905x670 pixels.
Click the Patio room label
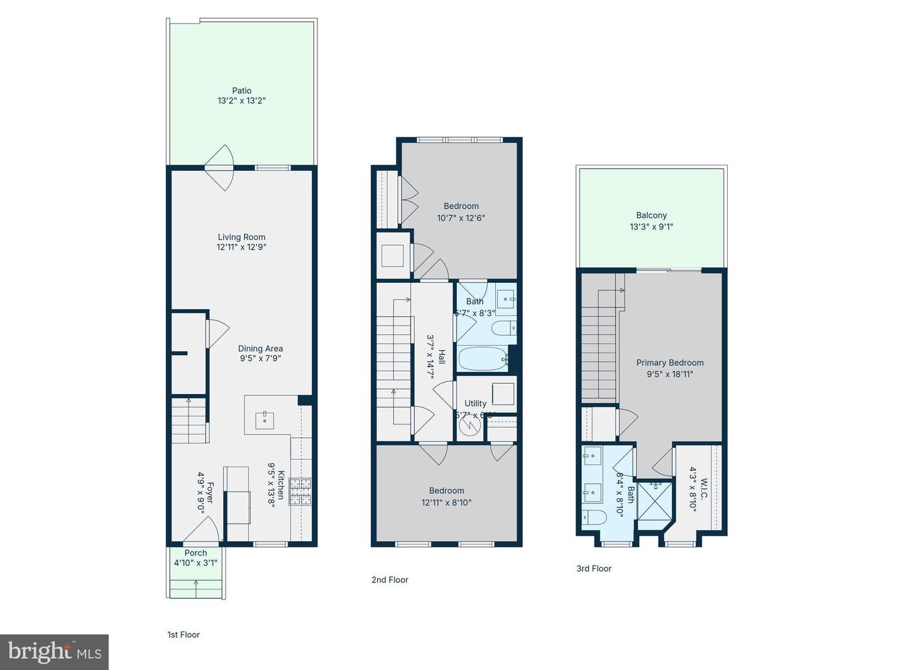pyautogui.click(x=241, y=91)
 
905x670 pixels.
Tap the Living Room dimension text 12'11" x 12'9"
pyautogui.click(x=241, y=247)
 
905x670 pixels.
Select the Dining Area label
pyautogui.click(x=260, y=348)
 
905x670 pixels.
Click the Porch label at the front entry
pyautogui.click(x=195, y=553)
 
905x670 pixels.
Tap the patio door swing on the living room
pyautogui.click(x=221, y=168)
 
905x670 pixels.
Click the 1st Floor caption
pyautogui.click(x=184, y=635)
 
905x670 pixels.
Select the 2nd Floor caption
pyautogui.click(x=390, y=580)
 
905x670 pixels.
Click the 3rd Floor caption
pyautogui.click(x=594, y=569)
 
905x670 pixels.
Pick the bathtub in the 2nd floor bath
pyautogui.click(x=483, y=360)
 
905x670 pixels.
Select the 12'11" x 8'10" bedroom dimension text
pyautogui.click(x=446, y=502)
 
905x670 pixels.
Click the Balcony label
pyautogui.click(x=651, y=215)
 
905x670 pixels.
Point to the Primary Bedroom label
pyautogui.click(x=670, y=363)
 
